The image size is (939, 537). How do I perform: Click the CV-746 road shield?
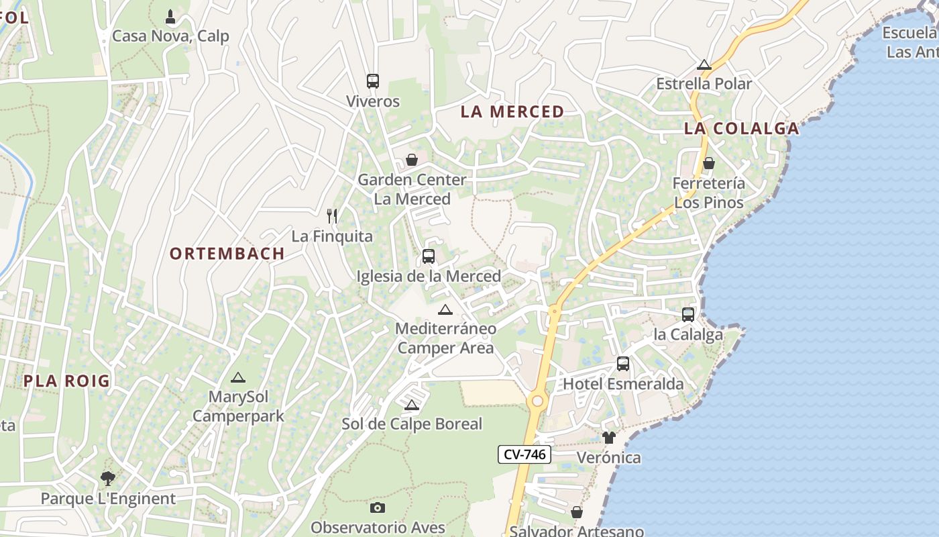click(524, 454)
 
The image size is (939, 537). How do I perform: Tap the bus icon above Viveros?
click(373, 81)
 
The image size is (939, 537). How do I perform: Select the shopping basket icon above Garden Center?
click(411, 160)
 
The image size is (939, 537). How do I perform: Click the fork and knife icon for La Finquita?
click(331, 215)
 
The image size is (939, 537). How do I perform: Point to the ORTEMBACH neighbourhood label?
click(227, 254)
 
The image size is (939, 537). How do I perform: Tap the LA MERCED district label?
click(512, 111)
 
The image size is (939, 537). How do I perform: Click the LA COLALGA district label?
click(741, 128)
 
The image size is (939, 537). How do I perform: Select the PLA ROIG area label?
click(66, 381)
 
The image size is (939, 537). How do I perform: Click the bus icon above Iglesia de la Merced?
click(428, 256)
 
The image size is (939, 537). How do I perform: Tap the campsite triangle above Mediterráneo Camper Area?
click(445, 309)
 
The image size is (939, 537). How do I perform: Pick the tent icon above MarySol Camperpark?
click(237, 378)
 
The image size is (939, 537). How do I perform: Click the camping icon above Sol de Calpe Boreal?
click(411, 405)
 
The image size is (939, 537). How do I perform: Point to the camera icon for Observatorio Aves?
click(378, 507)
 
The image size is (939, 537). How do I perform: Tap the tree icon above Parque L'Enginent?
click(107, 479)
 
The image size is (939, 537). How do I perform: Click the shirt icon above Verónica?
click(608, 438)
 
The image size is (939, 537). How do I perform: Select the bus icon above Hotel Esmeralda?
click(622, 364)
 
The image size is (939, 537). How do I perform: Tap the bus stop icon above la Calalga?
click(687, 314)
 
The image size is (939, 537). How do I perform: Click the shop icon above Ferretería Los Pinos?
click(708, 163)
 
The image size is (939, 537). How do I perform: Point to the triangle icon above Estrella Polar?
click(704, 64)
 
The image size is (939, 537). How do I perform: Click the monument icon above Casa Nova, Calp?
click(170, 15)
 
